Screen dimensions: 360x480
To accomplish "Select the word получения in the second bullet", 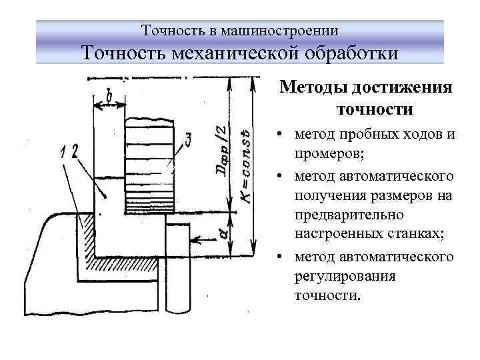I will [x=327, y=195].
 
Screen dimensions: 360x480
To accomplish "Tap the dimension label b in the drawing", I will [x=107, y=97].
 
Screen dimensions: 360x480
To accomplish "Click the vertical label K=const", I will [x=245, y=167].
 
